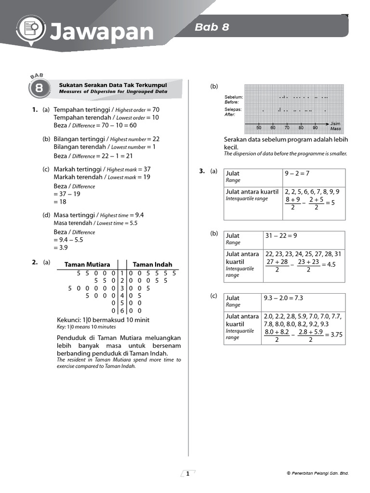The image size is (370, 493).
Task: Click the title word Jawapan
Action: [101, 32]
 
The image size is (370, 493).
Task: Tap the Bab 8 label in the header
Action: [211, 27]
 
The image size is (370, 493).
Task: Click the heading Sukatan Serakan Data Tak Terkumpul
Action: [113, 85]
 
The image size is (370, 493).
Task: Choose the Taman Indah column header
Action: [152, 264]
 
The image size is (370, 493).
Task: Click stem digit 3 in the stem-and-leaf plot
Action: [122, 288]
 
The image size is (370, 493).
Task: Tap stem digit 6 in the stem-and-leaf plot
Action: [122, 311]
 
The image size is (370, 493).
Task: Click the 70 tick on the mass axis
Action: [287, 128]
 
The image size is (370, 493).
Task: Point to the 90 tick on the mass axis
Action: [315, 128]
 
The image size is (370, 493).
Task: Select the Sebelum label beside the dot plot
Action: [234, 97]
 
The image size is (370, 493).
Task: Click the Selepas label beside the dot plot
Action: [234, 109]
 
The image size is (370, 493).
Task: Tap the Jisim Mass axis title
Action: [335, 126]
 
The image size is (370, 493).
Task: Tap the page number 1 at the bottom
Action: [187, 474]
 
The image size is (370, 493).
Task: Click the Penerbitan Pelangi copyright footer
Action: [317, 474]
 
